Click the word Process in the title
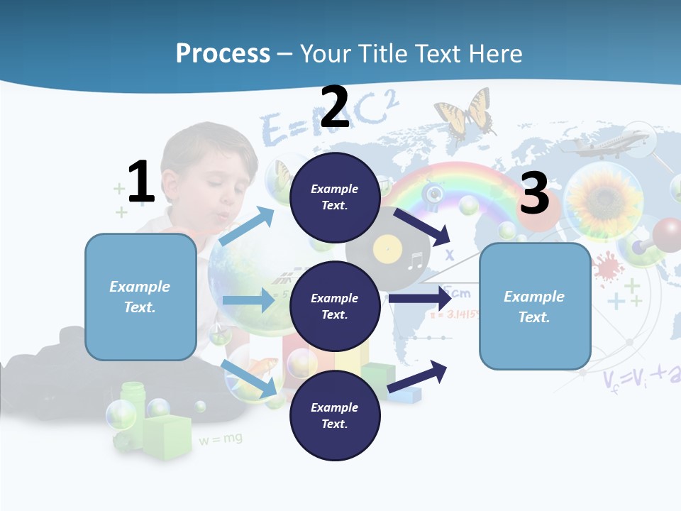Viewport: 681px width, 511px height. tap(223, 53)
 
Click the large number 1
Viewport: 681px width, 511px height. tap(141, 182)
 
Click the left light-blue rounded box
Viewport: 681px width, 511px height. tap(140, 297)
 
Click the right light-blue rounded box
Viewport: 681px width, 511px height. tap(535, 307)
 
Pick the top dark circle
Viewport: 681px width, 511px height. tap(334, 197)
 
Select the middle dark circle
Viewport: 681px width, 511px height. tap(334, 306)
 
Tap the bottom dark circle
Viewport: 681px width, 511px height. tap(334, 415)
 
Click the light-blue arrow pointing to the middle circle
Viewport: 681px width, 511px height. tap(248, 300)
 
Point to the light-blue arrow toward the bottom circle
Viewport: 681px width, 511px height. tap(250, 378)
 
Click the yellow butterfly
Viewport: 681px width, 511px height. tap(465, 114)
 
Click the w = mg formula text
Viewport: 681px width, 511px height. tap(220, 439)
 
